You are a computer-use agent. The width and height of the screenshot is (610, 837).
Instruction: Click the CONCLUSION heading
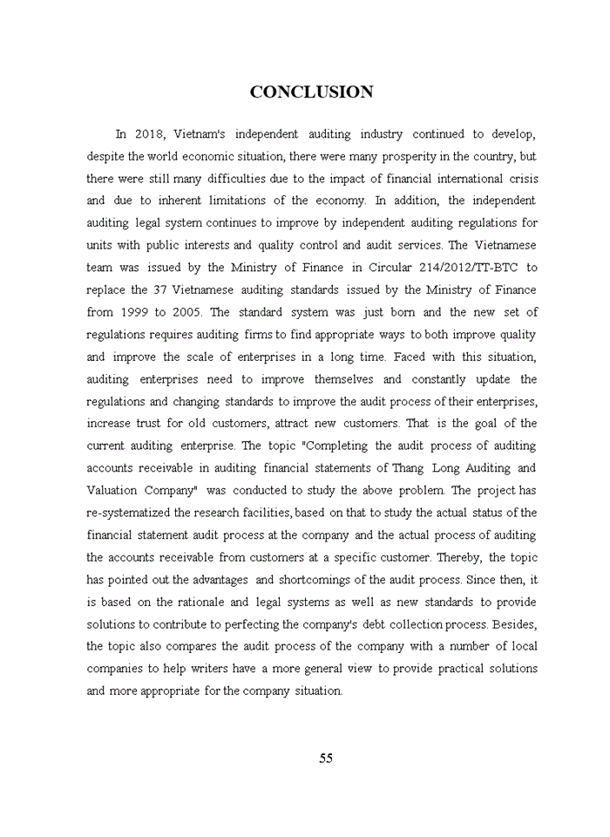click(x=311, y=92)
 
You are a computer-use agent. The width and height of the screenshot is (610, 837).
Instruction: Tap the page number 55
click(x=326, y=758)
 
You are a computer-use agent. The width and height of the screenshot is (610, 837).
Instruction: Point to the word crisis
click(x=520, y=178)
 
